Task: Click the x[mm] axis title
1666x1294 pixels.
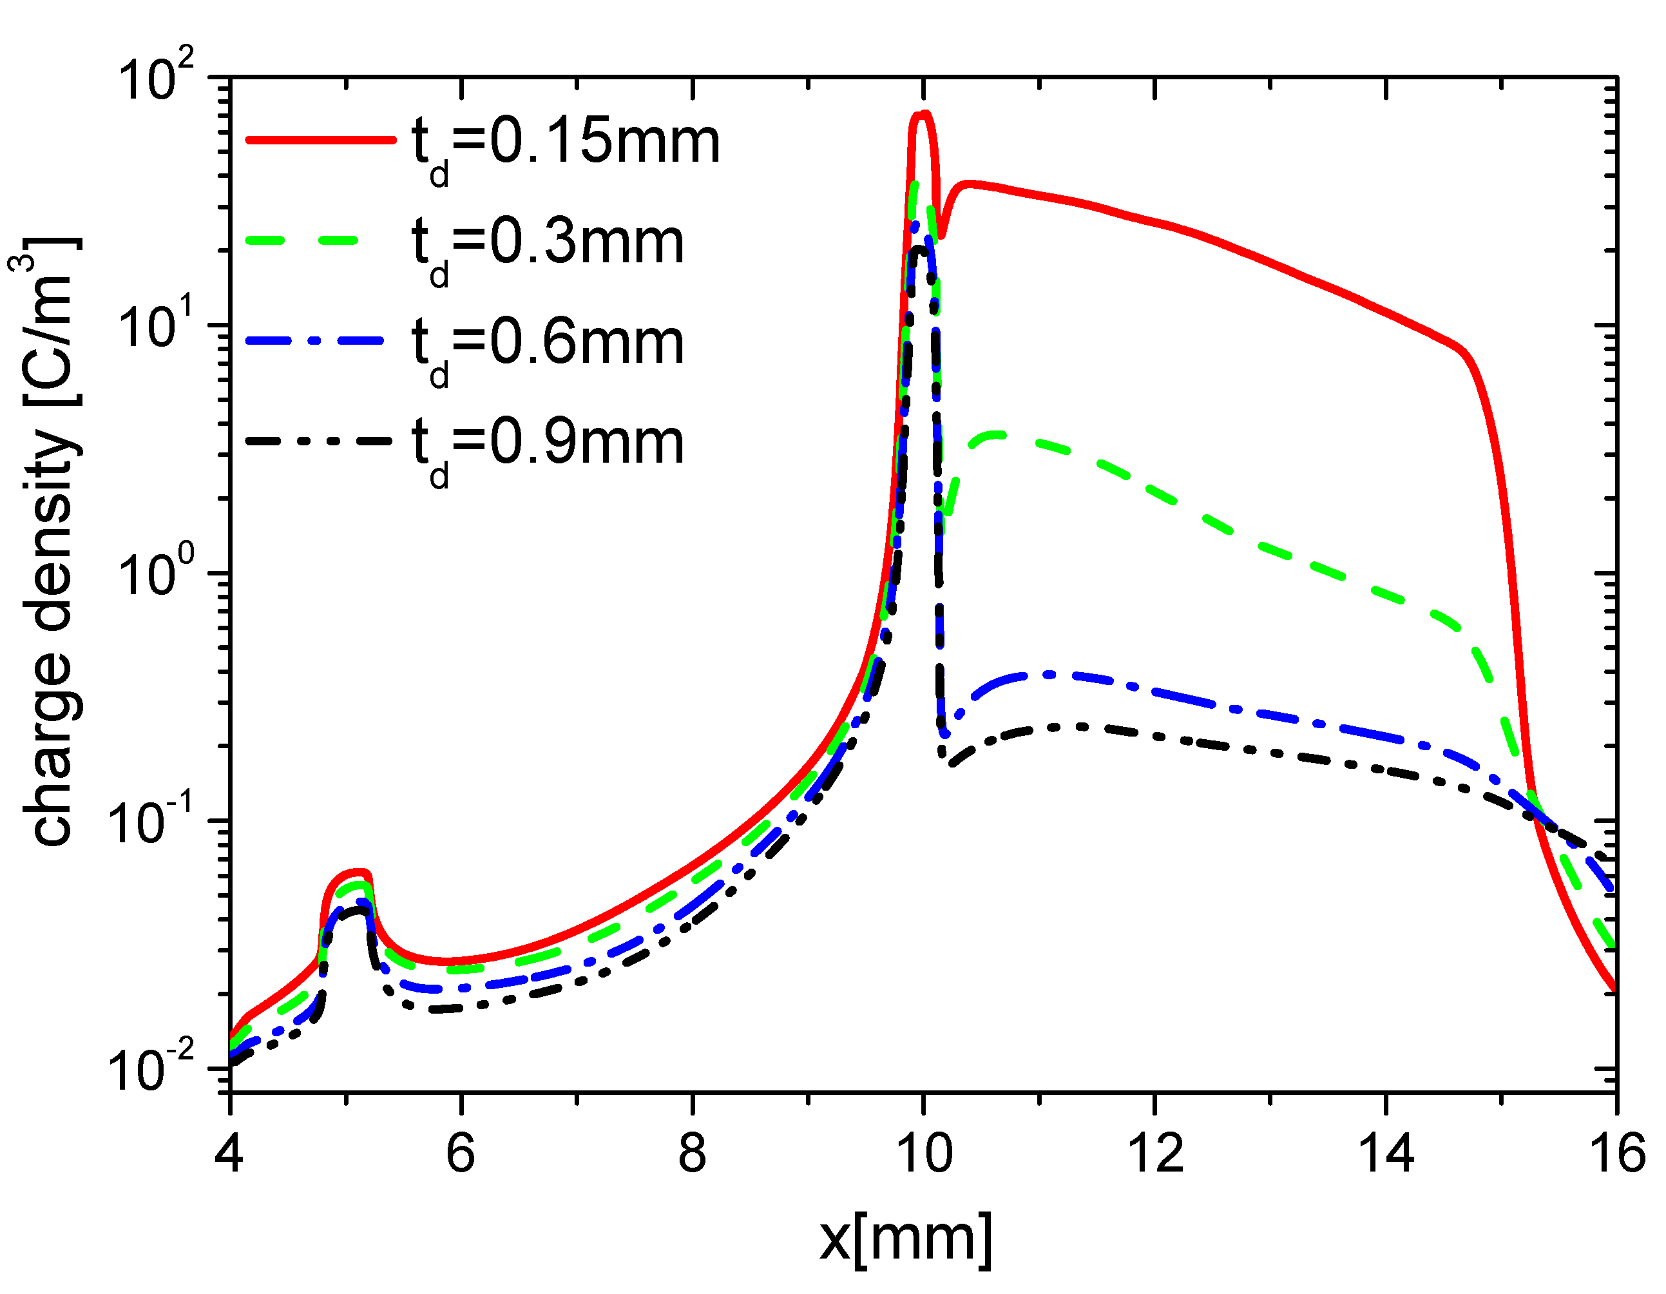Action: click(905, 1240)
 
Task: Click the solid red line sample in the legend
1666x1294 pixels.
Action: click(320, 140)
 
